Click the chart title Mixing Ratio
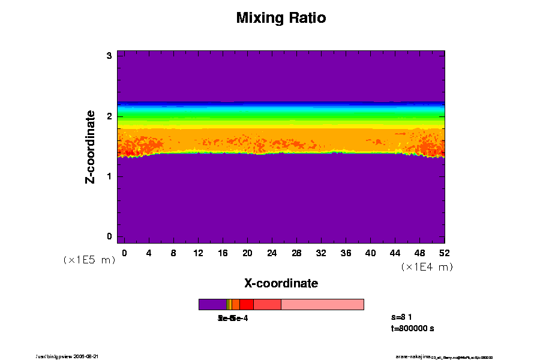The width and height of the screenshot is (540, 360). (x=281, y=18)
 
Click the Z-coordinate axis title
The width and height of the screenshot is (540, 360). (x=91, y=146)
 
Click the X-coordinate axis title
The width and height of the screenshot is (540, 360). (x=281, y=283)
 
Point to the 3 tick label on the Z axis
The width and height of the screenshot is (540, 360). (x=109, y=56)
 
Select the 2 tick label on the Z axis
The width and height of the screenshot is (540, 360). (x=109, y=116)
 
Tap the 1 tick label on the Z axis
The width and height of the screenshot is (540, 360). (x=109, y=176)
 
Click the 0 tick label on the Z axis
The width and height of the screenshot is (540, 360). (x=109, y=236)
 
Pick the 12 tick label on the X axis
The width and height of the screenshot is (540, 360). (x=198, y=253)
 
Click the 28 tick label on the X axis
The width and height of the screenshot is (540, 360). (x=296, y=253)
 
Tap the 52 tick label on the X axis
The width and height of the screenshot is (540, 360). (x=445, y=253)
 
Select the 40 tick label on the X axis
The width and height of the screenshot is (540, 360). (x=370, y=253)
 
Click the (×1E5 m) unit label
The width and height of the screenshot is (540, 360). (x=89, y=260)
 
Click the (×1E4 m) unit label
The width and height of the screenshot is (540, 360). (x=427, y=267)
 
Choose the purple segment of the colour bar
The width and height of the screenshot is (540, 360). (x=212, y=304)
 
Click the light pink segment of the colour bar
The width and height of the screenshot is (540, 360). (x=322, y=304)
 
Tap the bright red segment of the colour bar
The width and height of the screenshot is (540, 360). (x=246, y=304)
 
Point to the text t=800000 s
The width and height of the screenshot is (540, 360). (x=412, y=328)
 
